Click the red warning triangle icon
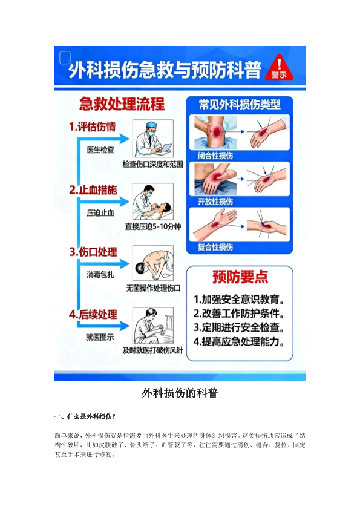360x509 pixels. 279,68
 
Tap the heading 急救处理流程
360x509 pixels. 122,104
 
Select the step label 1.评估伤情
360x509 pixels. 92,126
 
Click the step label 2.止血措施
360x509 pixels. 93,190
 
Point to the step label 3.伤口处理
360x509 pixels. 93,252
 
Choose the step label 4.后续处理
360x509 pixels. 93,314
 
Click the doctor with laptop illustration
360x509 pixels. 153,139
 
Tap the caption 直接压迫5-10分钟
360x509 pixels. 153,226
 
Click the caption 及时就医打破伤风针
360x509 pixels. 153,350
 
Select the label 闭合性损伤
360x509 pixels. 215,156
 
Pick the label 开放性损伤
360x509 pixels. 215,202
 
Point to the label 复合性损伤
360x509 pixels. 215,247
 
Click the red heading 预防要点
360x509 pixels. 240,277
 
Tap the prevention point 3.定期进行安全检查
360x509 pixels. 239,327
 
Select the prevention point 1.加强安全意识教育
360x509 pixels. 239,300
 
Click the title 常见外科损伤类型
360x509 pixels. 240,105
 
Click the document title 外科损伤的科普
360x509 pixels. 180,393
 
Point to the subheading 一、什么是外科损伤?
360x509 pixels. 85,416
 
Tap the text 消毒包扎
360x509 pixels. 100,275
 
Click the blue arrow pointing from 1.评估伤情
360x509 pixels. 103,139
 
